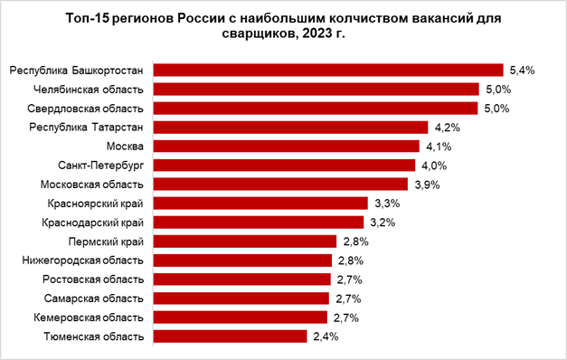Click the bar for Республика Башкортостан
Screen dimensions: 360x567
(328, 70)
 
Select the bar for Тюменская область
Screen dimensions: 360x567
(230, 336)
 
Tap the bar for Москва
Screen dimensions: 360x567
(287, 146)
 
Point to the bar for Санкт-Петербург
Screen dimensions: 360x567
(284, 165)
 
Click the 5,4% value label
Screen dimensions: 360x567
(523, 70)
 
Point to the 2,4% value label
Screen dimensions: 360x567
(325, 336)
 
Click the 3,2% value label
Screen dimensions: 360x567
(382, 222)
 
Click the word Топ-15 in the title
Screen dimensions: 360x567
(87, 18)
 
